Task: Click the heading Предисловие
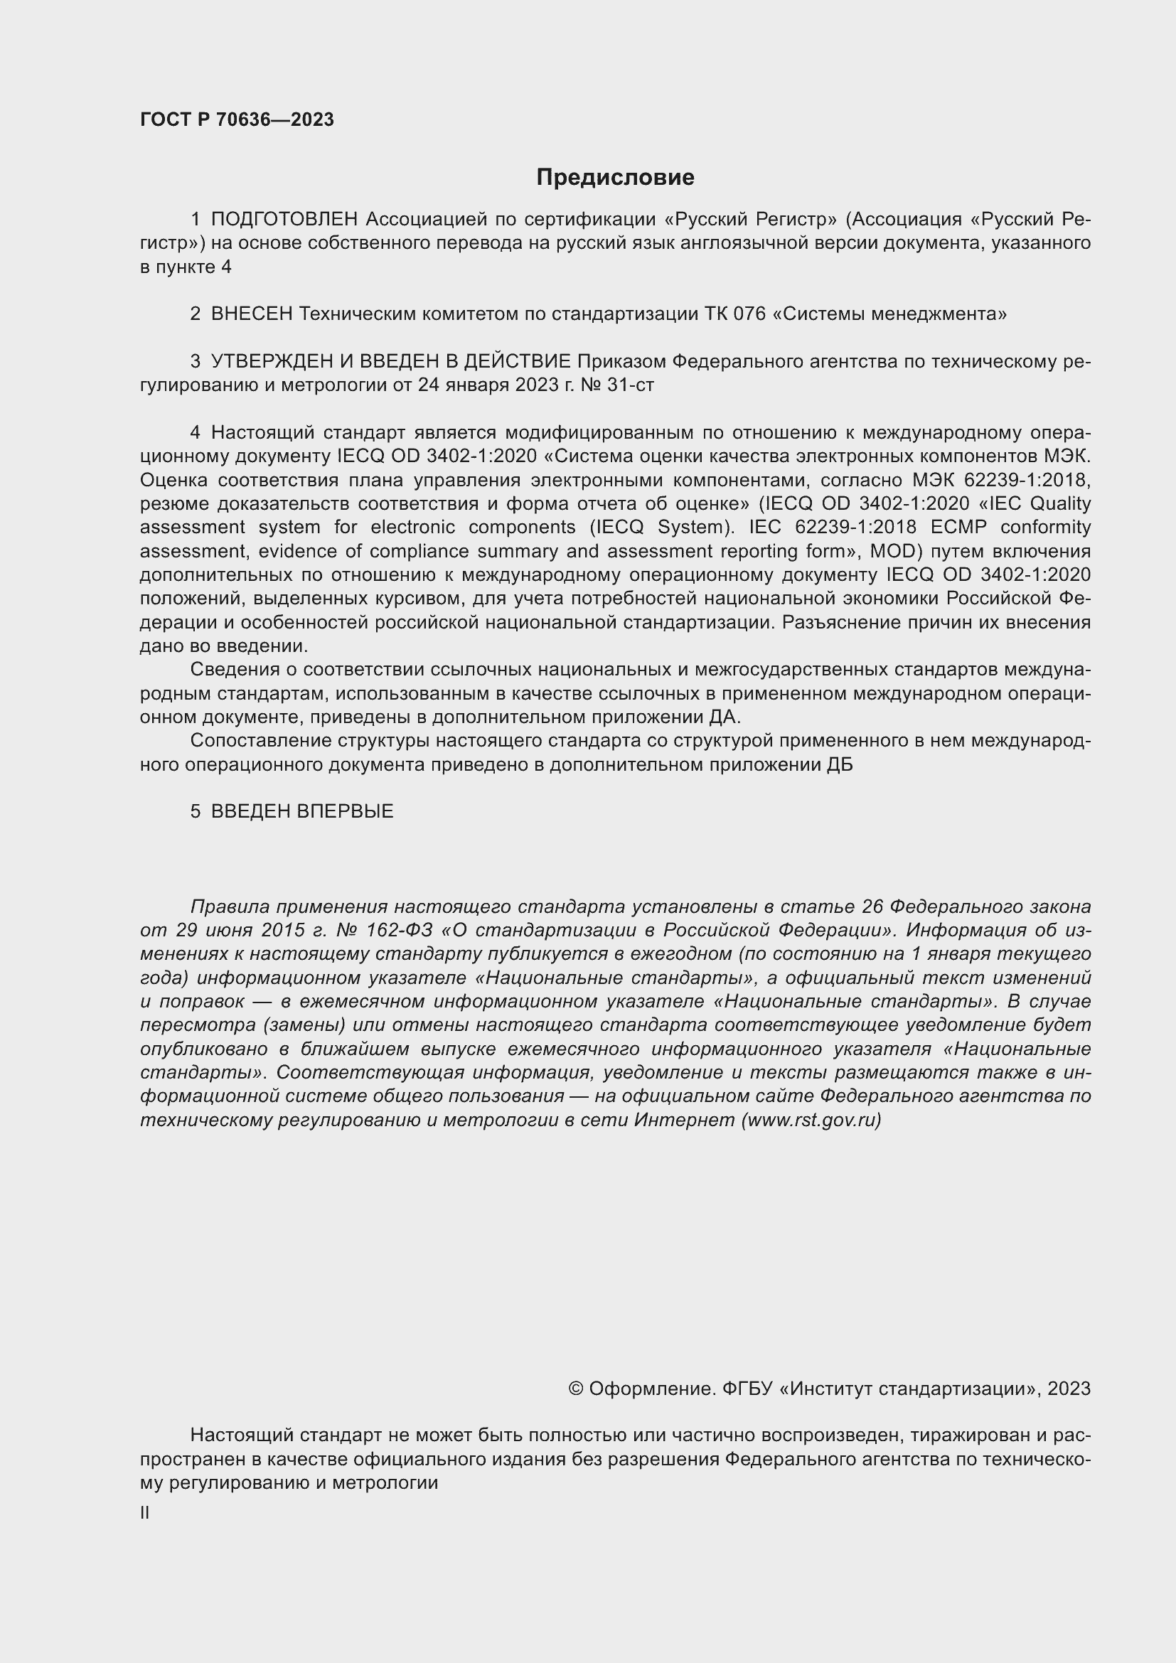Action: pyautogui.click(x=615, y=178)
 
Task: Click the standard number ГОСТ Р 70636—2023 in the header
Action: pyautogui.click(x=237, y=119)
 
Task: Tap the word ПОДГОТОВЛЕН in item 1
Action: pyautogui.click(x=284, y=219)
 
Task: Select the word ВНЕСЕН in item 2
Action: pyautogui.click(x=251, y=314)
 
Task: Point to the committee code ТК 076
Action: pyautogui.click(x=734, y=314)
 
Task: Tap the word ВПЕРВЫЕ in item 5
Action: pyautogui.click(x=345, y=811)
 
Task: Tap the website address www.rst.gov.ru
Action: pyautogui.click(x=811, y=1120)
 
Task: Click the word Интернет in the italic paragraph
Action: pyautogui.click(x=684, y=1120)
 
